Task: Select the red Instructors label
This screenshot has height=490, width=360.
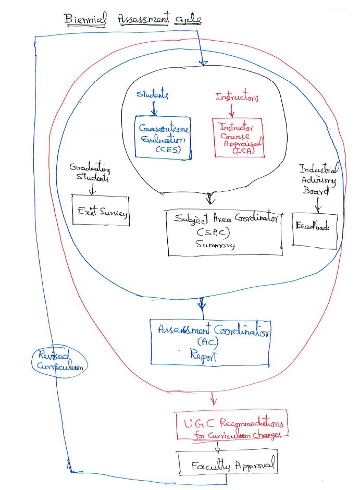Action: pyautogui.click(x=237, y=97)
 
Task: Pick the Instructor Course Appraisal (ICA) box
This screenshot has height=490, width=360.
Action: pyautogui.click(x=238, y=137)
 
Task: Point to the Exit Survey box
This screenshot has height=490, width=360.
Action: pyautogui.click(x=100, y=211)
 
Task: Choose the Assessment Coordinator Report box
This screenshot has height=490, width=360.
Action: pyautogui.click(x=209, y=342)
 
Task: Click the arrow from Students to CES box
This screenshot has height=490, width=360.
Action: pyautogui.click(x=154, y=108)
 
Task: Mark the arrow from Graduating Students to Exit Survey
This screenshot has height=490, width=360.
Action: pyautogui.click(x=93, y=190)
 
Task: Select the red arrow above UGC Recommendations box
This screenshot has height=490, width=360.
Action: pyautogui.click(x=213, y=398)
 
